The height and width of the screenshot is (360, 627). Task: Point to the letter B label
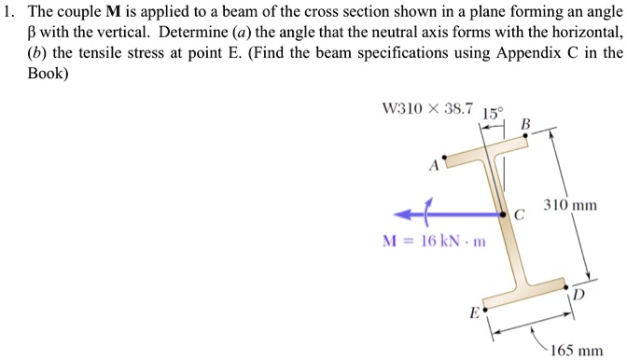click(525, 123)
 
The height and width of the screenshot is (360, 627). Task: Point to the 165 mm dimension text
click(575, 351)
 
